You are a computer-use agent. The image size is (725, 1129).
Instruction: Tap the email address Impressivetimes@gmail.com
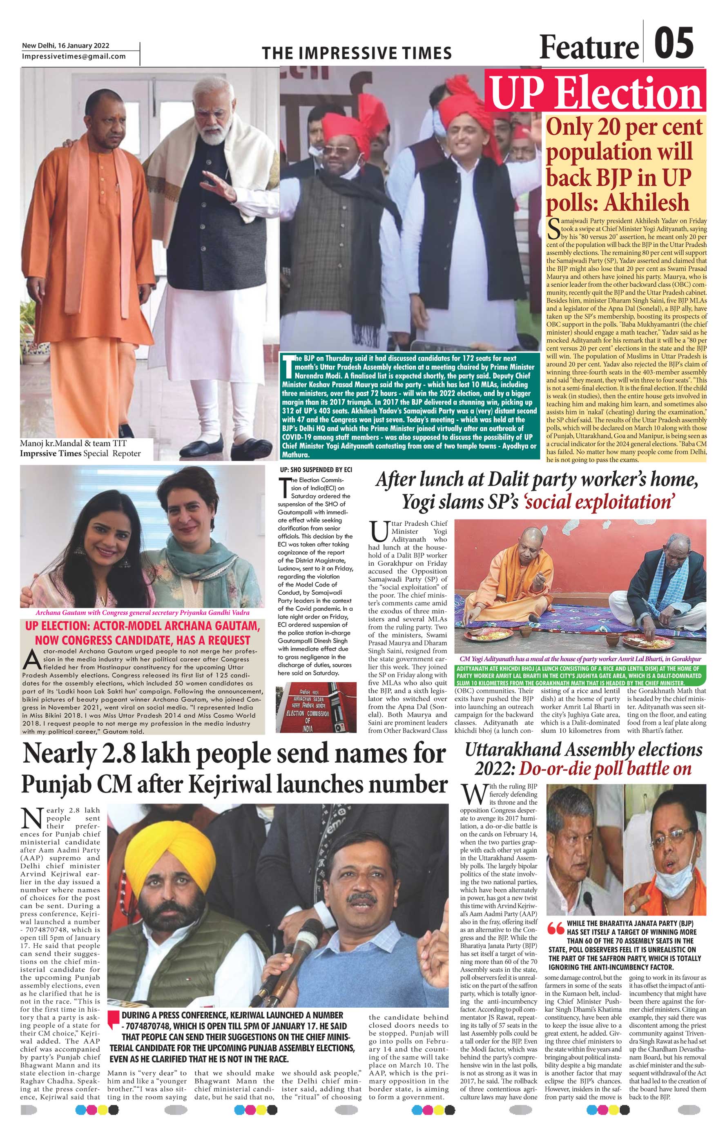pyautogui.click(x=74, y=56)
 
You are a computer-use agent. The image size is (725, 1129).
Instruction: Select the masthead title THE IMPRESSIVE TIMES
pyautogui.click(x=357, y=53)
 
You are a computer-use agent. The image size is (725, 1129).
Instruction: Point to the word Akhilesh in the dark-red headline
pyautogui.click(x=647, y=203)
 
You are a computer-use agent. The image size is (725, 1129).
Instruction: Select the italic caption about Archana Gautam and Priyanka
pyautogui.click(x=142, y=613)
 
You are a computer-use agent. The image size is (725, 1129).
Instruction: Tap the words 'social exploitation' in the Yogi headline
pyautogui.click(x=598, y=502)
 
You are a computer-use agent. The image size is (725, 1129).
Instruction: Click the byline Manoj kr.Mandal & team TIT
pyautogui.click(x=73, y=443)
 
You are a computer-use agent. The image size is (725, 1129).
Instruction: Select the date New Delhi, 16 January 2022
pyautogui.click(x=65, y=46)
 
